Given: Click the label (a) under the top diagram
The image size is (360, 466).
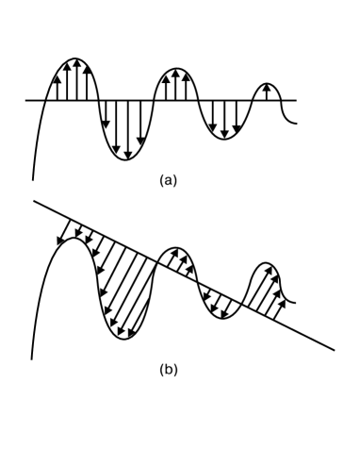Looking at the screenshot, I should (169, 180).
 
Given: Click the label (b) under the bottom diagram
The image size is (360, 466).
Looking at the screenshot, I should (168, 369).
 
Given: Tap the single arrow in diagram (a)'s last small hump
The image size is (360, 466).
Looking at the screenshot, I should (269, 92).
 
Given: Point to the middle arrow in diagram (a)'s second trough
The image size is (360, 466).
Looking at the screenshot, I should (224, 118).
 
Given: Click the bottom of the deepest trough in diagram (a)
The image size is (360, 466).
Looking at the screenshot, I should (127, 159).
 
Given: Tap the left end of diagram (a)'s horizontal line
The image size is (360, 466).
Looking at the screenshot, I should (26, 100).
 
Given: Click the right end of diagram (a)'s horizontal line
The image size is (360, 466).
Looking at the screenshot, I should (296, 100).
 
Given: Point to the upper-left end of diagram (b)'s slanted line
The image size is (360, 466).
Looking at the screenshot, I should (34, 200).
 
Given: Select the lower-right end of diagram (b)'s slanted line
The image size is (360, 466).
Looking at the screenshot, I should (334, 350).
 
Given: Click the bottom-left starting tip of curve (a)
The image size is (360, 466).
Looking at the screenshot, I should (33, 178).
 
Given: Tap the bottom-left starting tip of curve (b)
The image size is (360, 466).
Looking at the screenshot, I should (32, 358).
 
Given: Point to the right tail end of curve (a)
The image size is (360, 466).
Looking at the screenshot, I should (297, 122).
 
